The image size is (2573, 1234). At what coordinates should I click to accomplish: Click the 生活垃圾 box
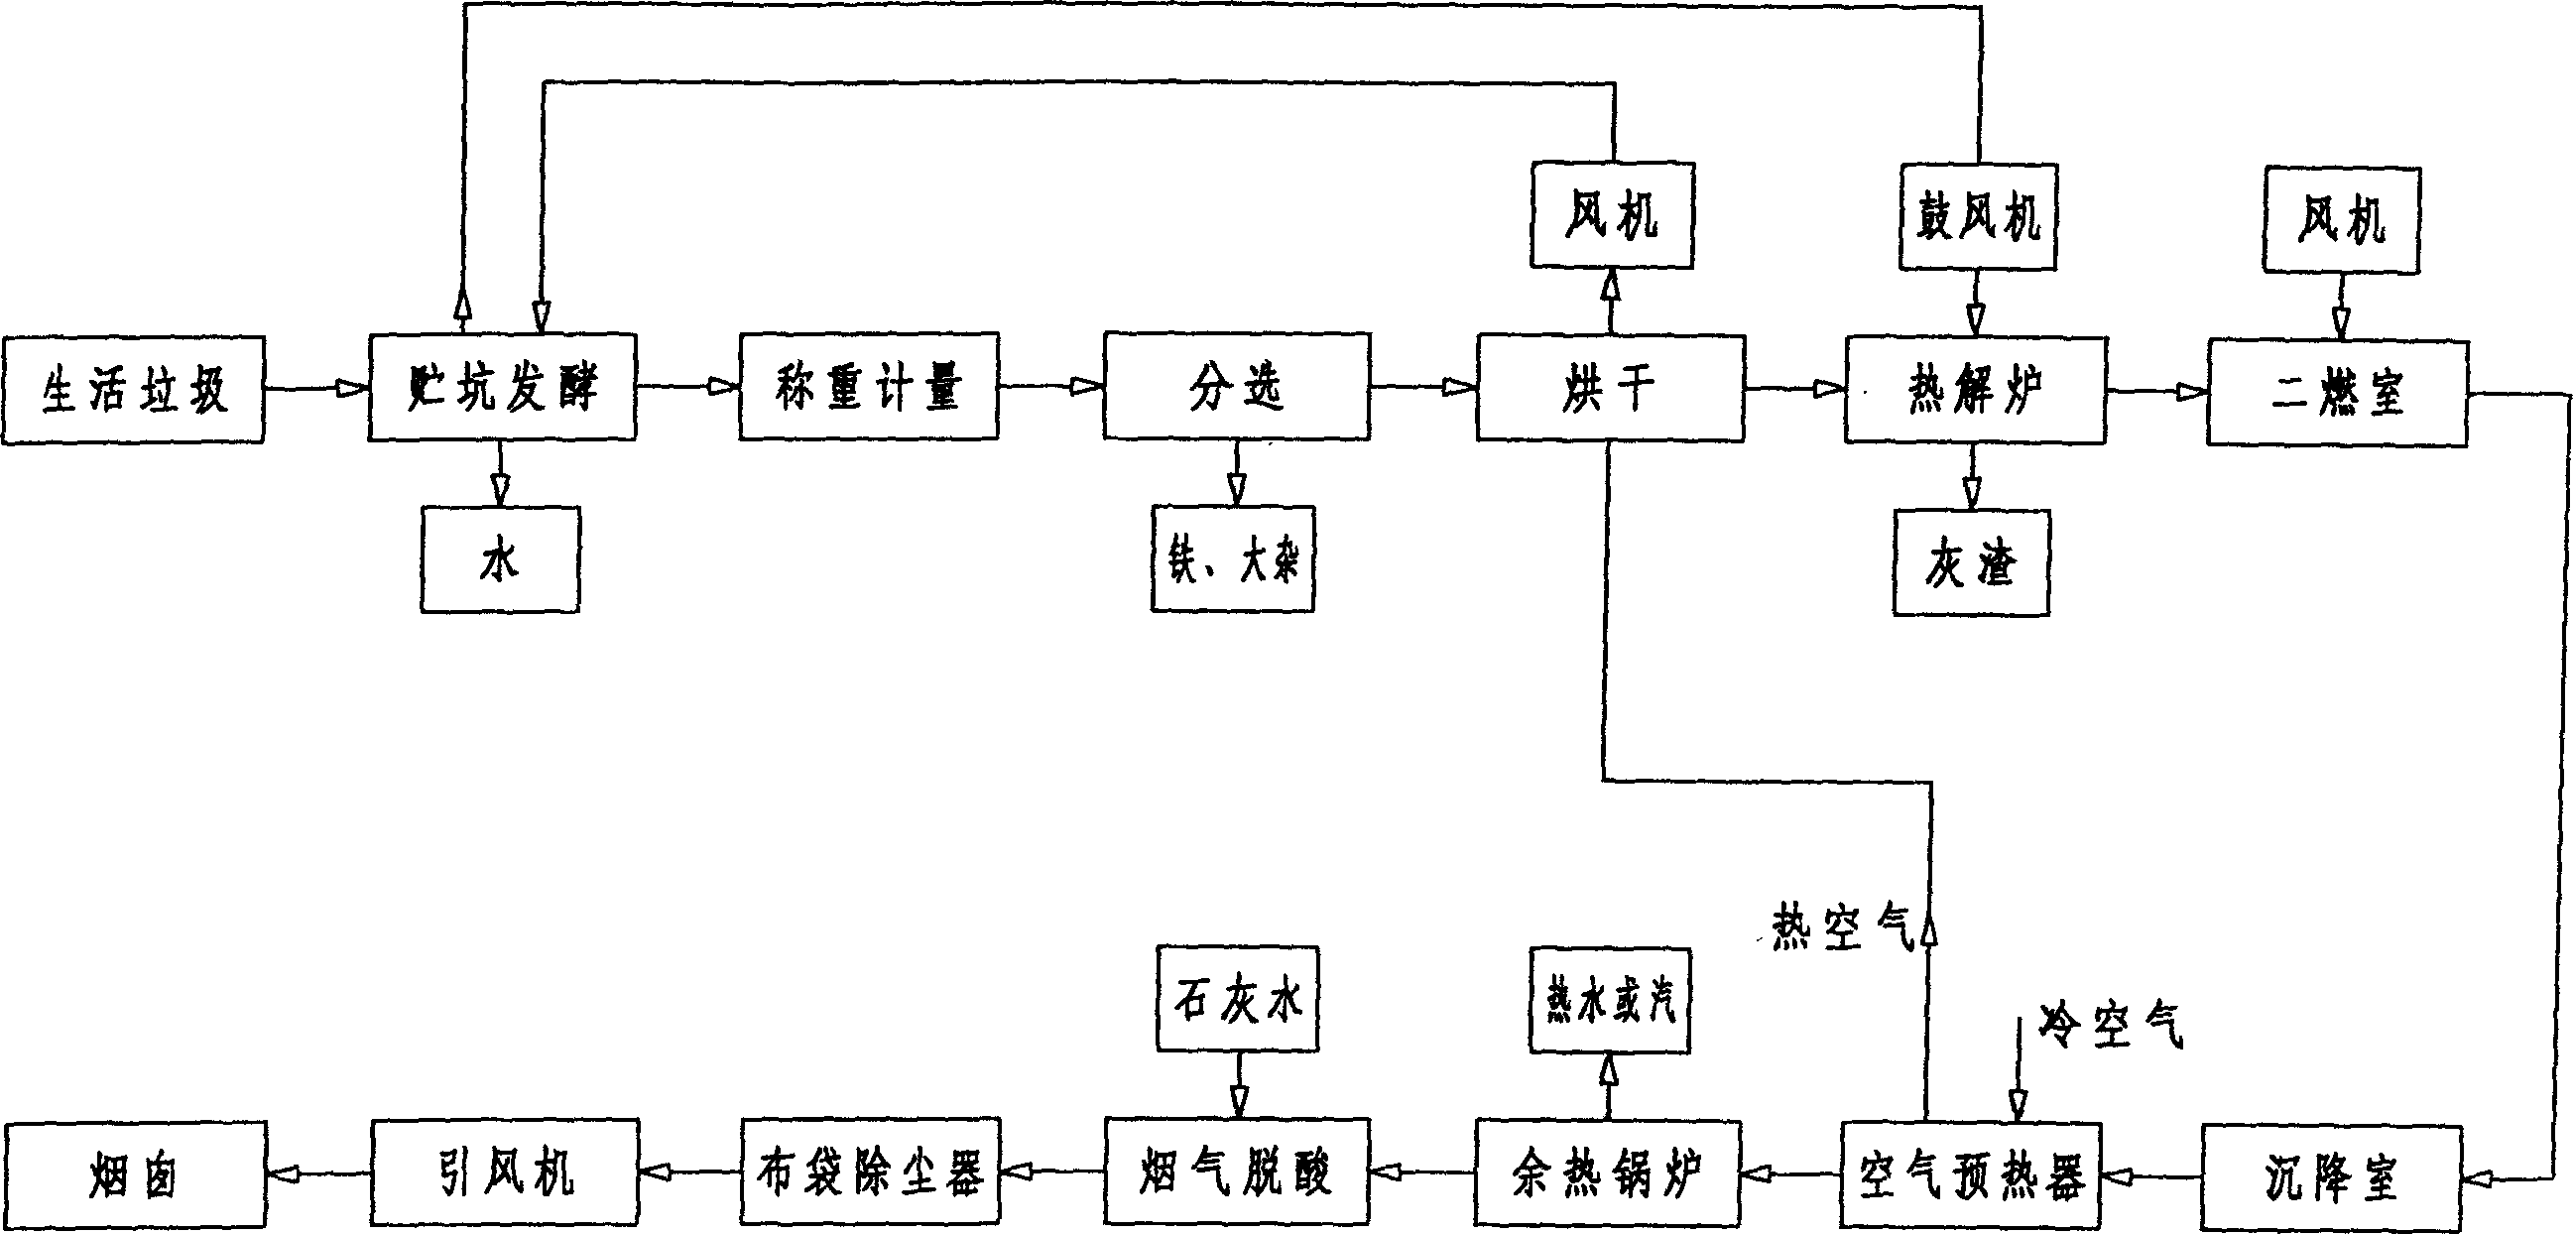pyautogui.click(x=133, y=390)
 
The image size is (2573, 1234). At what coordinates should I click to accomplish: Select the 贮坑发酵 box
pyautogui.click(x=502, y=388)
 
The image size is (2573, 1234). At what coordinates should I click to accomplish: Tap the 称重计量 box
pyautogui.click(x=868, y=387)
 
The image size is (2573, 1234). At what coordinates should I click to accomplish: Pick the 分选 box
pyautogui.click(x=1236, y=387)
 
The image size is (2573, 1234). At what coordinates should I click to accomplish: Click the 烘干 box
pyautogui.click(x=1610, y=389)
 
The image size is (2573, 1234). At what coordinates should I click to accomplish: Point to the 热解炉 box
pyautogui.click(x=1975, y=391)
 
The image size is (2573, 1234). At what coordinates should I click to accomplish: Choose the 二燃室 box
pyautogui.click(x=2337, y=393)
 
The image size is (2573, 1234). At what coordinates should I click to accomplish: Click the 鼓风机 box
pyautogui.click(x=1977, y=217)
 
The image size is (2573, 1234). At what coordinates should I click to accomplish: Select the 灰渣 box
pyautogui.click(x=1971, y=563)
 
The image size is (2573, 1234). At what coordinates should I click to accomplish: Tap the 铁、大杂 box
pyautogui.click(x=1233, y=558)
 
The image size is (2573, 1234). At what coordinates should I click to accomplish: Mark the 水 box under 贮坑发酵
pyautogui.click(x=499, y=559)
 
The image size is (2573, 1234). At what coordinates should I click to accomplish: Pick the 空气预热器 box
pyautogui.click(x=1971, y=1176)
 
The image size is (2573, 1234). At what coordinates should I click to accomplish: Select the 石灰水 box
pyautogui.click(x=1237, y=998)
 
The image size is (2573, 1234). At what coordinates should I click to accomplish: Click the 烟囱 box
pyautogui.click(x=135, y=1174)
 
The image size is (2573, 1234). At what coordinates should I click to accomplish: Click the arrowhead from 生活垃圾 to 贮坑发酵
pyautogui.click(x=351, y=389)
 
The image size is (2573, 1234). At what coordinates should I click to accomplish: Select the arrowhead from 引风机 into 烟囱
pyautogui.click(x=283, y=1174)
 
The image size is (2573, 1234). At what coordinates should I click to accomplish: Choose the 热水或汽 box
pyautogui.click(x=1609, y=1000)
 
